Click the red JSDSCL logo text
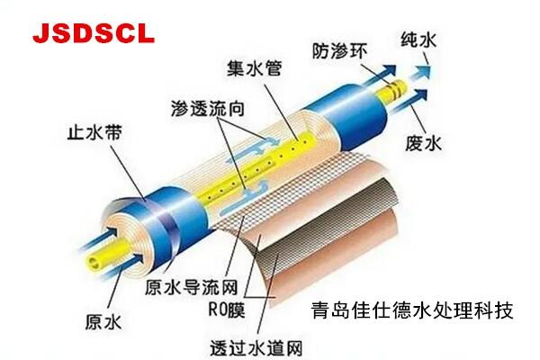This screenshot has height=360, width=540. click(x=94, y=33)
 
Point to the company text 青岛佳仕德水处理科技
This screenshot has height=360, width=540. click(x=406, y=312)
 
